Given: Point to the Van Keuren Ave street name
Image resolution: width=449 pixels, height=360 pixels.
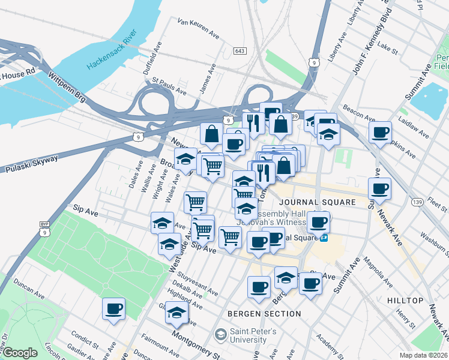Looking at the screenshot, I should (x=198, y=28).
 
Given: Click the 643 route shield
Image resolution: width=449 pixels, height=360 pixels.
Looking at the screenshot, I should (x=241, y=51).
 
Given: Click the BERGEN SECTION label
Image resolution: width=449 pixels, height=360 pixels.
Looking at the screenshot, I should (x=264, y=314).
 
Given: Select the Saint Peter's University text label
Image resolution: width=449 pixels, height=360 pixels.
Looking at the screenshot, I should (x=254, y=335).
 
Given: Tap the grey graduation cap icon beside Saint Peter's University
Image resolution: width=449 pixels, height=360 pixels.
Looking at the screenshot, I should (x=221, y=334).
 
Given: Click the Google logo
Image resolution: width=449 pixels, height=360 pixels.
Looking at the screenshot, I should (x=20, y=352).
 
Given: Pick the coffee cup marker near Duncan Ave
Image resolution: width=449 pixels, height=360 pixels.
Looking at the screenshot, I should (x=113, y=309).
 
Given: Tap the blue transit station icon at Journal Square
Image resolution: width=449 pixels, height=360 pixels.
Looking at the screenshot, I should (x=324, y=238).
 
